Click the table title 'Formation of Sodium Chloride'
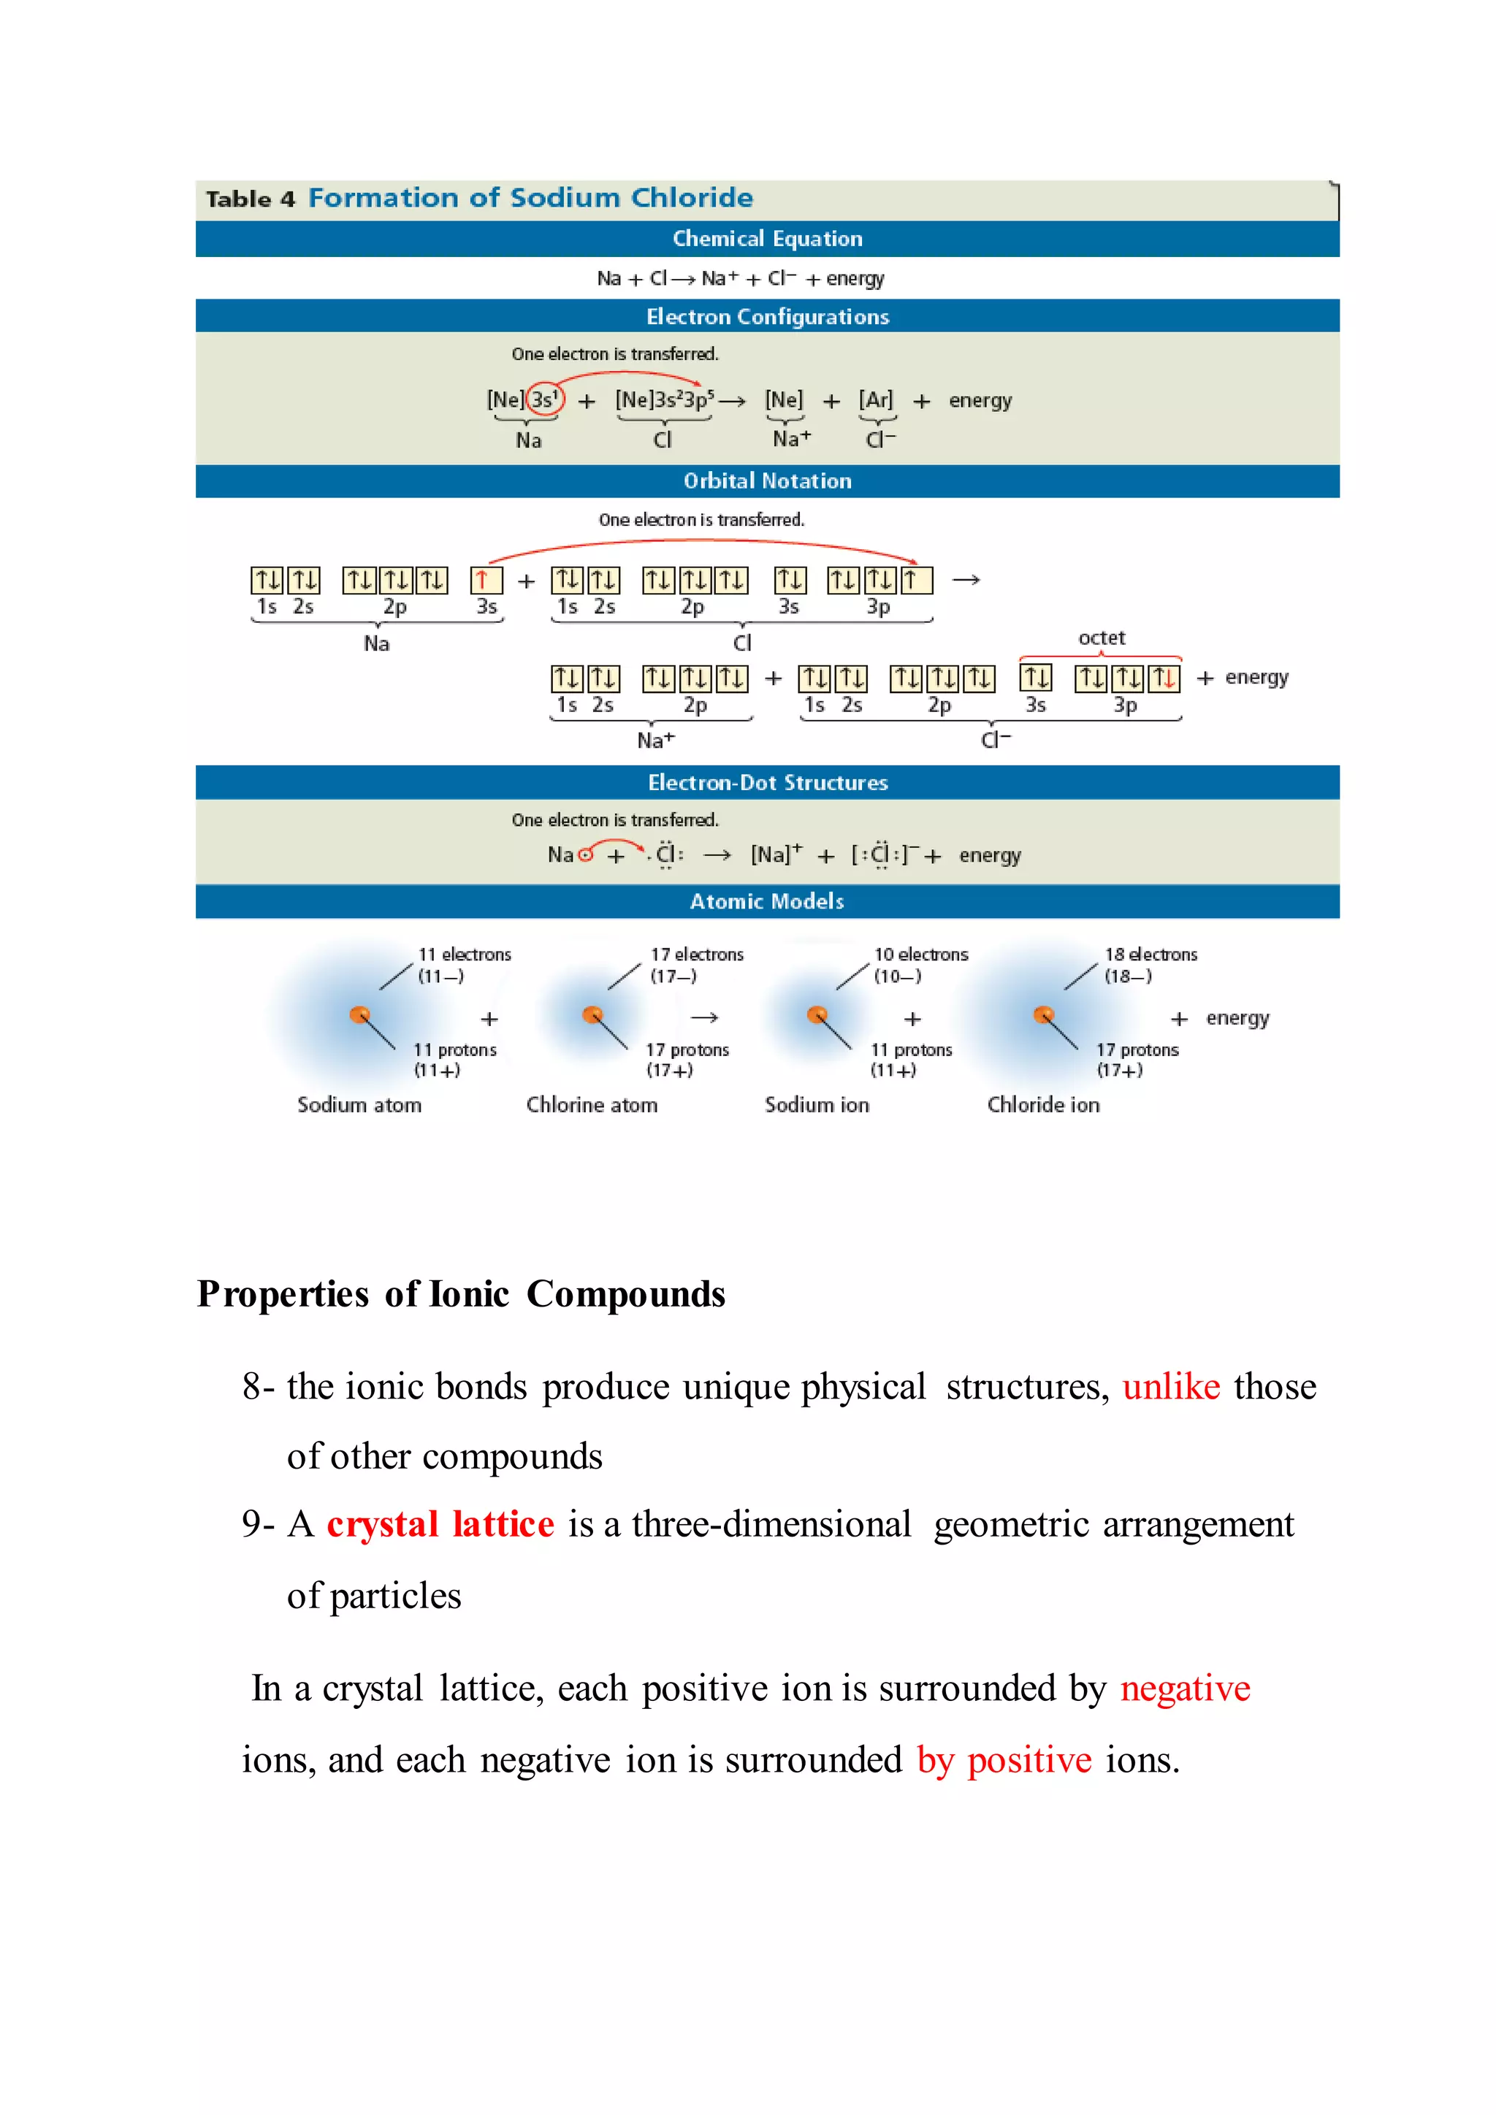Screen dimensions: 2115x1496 point(530,198)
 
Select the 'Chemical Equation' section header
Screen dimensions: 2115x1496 point(766,239)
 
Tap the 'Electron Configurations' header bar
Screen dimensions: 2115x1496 point(766,316)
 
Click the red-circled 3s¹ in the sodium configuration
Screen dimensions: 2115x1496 point(544,399)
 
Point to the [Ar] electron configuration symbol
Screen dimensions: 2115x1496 point(875,399)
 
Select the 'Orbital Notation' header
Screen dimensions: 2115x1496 point(766,481)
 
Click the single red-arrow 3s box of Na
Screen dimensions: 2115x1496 point(486,581)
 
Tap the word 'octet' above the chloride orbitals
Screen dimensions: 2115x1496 point(1101,638)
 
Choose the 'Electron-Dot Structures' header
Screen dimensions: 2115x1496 point(766,782)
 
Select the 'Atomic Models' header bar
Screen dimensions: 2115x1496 point(766,901)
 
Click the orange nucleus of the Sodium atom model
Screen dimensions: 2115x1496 point(359,1015)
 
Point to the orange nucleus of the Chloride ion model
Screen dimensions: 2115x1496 point(1043,1015)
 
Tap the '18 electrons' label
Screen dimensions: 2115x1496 point(1150,955)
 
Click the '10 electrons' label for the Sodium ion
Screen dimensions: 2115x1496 point(920,955)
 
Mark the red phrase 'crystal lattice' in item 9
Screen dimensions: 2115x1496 point(440,1524)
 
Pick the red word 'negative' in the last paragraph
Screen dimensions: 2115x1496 point(1185,1688)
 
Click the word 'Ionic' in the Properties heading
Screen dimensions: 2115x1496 point(469,1294)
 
